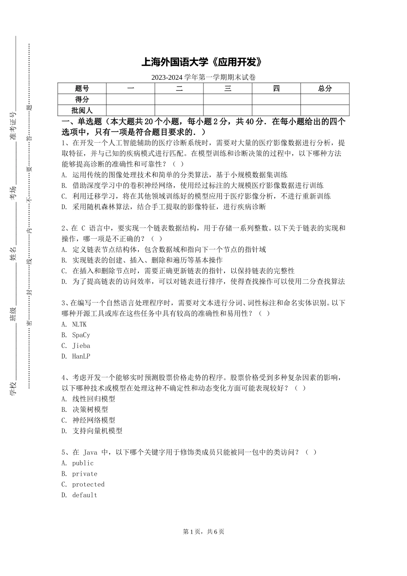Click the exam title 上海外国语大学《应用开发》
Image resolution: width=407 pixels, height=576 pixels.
tap(201, 63)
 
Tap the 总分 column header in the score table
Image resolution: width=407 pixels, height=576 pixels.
tap(325, 88)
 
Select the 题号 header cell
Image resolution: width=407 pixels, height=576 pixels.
tap(82, 88)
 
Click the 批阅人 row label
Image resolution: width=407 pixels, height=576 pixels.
tap(82, 111)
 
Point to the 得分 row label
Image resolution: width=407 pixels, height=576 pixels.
tap(82, 99)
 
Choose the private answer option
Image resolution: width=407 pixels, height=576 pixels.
tap(79, 474)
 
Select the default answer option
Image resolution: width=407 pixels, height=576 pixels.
tap(79, 495)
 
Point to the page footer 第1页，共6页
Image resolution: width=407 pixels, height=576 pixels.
tap(203, 532)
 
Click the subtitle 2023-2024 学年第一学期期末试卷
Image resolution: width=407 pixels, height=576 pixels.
tap(203, 78)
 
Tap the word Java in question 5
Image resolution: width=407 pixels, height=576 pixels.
tap(90, 453)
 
